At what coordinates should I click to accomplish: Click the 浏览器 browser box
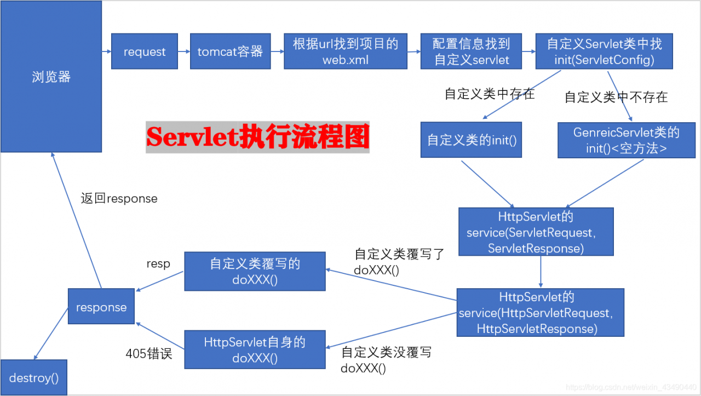pyautogui.click(x=51, y=77)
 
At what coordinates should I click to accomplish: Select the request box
pyautogui.click(x=145, y=51)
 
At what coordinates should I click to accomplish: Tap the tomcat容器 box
pyautogui.click(x=230, y=51)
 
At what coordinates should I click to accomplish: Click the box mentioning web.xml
pyautogui.click(x=345, y=51)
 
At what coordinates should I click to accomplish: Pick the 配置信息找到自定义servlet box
pyautogui.click(x=471, y=51)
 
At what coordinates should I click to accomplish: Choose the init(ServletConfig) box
pyautogui.click(x=604, y=51)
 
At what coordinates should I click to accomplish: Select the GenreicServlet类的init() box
pyautogui.click(x=627, y=140)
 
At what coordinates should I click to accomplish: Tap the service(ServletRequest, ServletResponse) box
pyautogui.click(x=536, y=232)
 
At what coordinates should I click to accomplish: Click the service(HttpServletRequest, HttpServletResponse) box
pyautogui.click(x=540, y=312)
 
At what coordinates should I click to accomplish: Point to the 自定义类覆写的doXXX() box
pyautogui.click(x=255, y=271)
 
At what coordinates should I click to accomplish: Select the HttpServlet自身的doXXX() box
pyautogui.click(x=255, y=349)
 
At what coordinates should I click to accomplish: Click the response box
pyautogui.click(x=101, y=307)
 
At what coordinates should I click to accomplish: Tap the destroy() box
pyautogui.click(x=34, y=377)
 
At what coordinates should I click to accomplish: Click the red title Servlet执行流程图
pyautogui.click(x=257, y=137)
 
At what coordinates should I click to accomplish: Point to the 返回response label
pyautogui.click(x=119, y=199)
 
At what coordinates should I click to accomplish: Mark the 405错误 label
pyautogui.click(x=149, y=354)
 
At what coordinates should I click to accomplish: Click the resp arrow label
pyautogui.click(x=158, y=263)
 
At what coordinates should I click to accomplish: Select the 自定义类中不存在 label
pyautogui.click(x=616, y=97)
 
